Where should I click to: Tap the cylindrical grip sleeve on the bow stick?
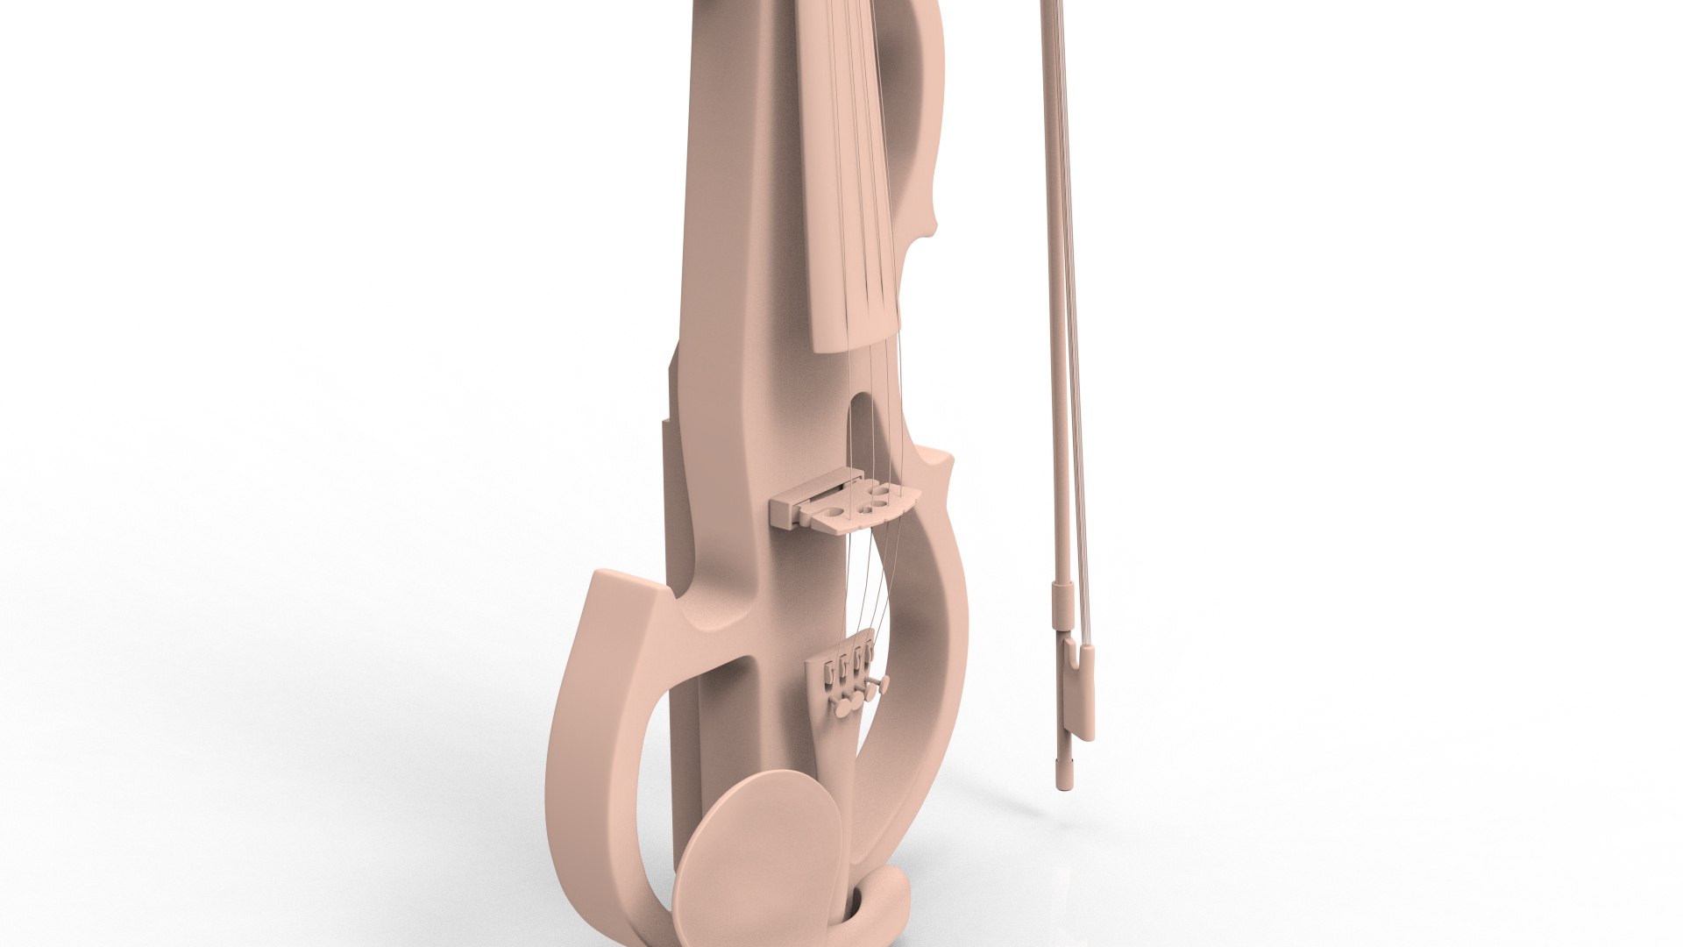click(1062, 606)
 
